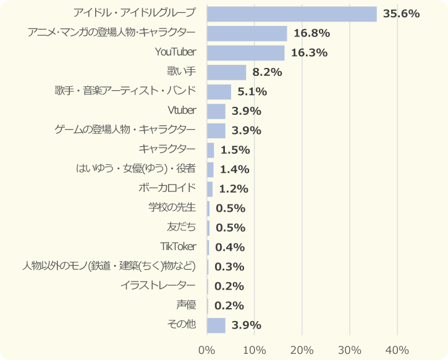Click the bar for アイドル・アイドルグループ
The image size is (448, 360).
pyautogui.click(x=292, y=14)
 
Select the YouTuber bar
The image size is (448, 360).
pyautogui.click(x=246, y=52)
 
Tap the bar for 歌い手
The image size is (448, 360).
pyautogui.click(x=227, y=72)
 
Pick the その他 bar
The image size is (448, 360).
pyautogui.click(x=216, y=325)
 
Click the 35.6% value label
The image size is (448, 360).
pyautogui.click(x=401, y=14)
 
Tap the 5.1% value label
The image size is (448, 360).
pyautogui.click(x=252, y=92)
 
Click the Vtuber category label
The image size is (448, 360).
pyautogui.click(x=182, y=111)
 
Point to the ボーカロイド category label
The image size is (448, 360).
pyautogui.click(x=167, y=188)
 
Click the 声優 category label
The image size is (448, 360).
pyautogui.click(x=186, y=305)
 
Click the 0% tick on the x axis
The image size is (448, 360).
pyautogui.click(x=207, y=350)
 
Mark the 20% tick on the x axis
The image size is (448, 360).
pyautogui.click(x=302, y=350)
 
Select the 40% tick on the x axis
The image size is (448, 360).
pyautogui.click(x=397, y=350)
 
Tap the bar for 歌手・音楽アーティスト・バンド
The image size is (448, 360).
pyautogui.click(x=219, y=92)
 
